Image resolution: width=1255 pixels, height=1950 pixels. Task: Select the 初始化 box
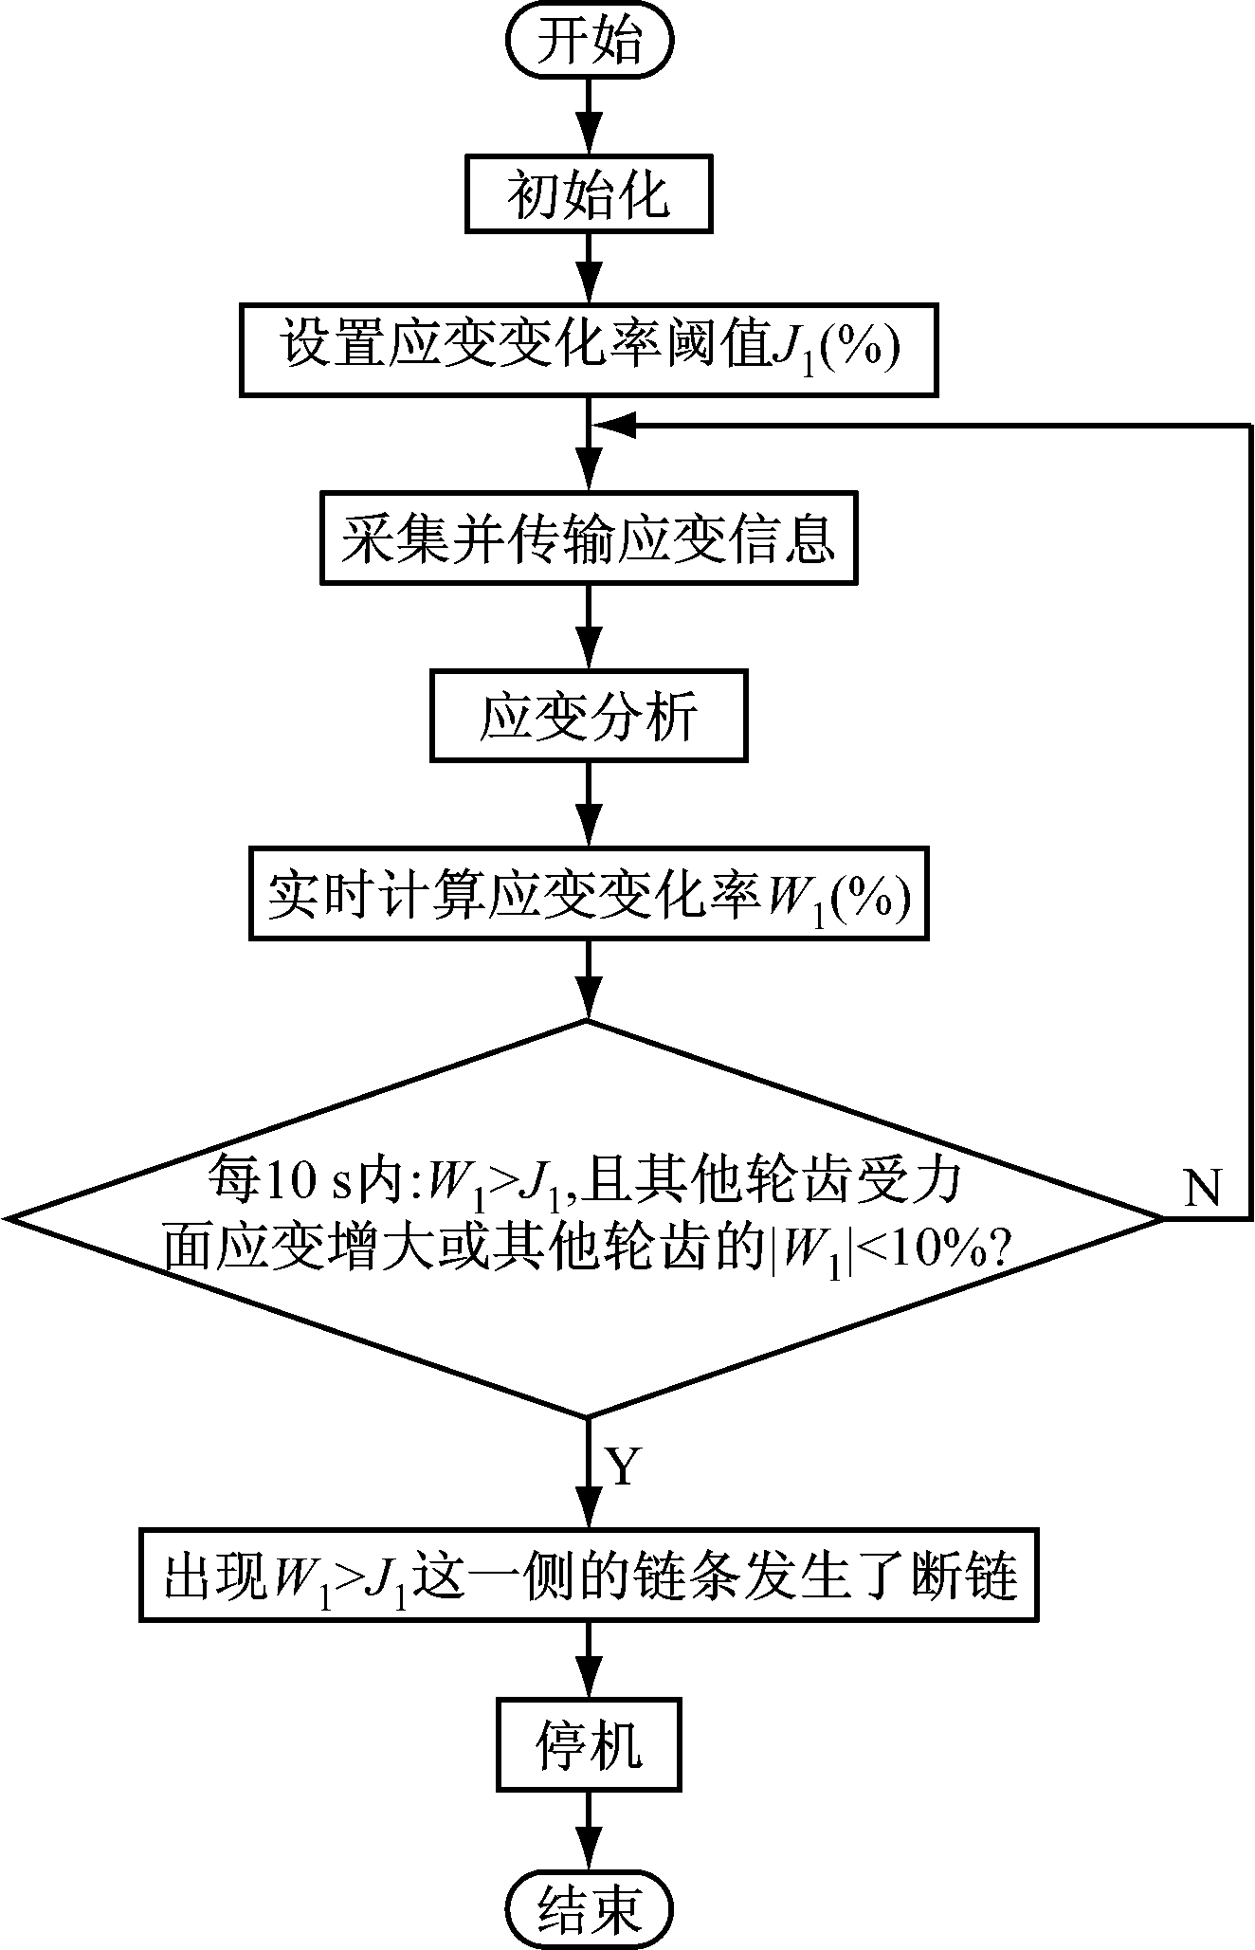(589, 196)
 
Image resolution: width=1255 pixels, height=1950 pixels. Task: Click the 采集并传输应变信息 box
(589, 537)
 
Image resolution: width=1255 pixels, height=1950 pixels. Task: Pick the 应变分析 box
(589, 716)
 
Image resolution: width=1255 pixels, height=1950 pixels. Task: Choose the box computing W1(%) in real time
(589, 894)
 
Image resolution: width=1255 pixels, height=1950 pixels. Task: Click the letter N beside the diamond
(1202, 1188)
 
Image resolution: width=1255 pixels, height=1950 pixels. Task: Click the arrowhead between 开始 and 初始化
(589, 127)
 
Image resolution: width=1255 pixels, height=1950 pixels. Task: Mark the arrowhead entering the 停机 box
(589, 1683)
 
